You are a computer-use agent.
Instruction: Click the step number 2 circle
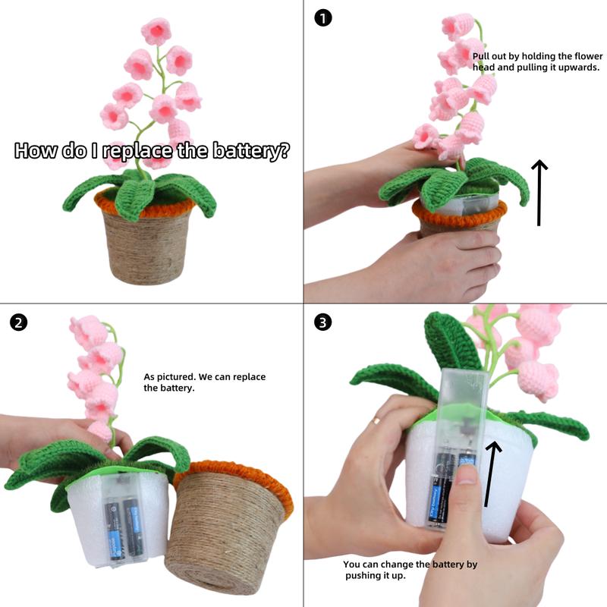pyautogui.click(x=19, y=322)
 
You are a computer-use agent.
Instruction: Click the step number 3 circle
pyautogui.click(x=323, y=322)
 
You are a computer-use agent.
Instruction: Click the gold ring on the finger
pyautogui.click(x=376, y=420)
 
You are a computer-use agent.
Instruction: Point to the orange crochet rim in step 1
pyautogui.click(x=455, y=215)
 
